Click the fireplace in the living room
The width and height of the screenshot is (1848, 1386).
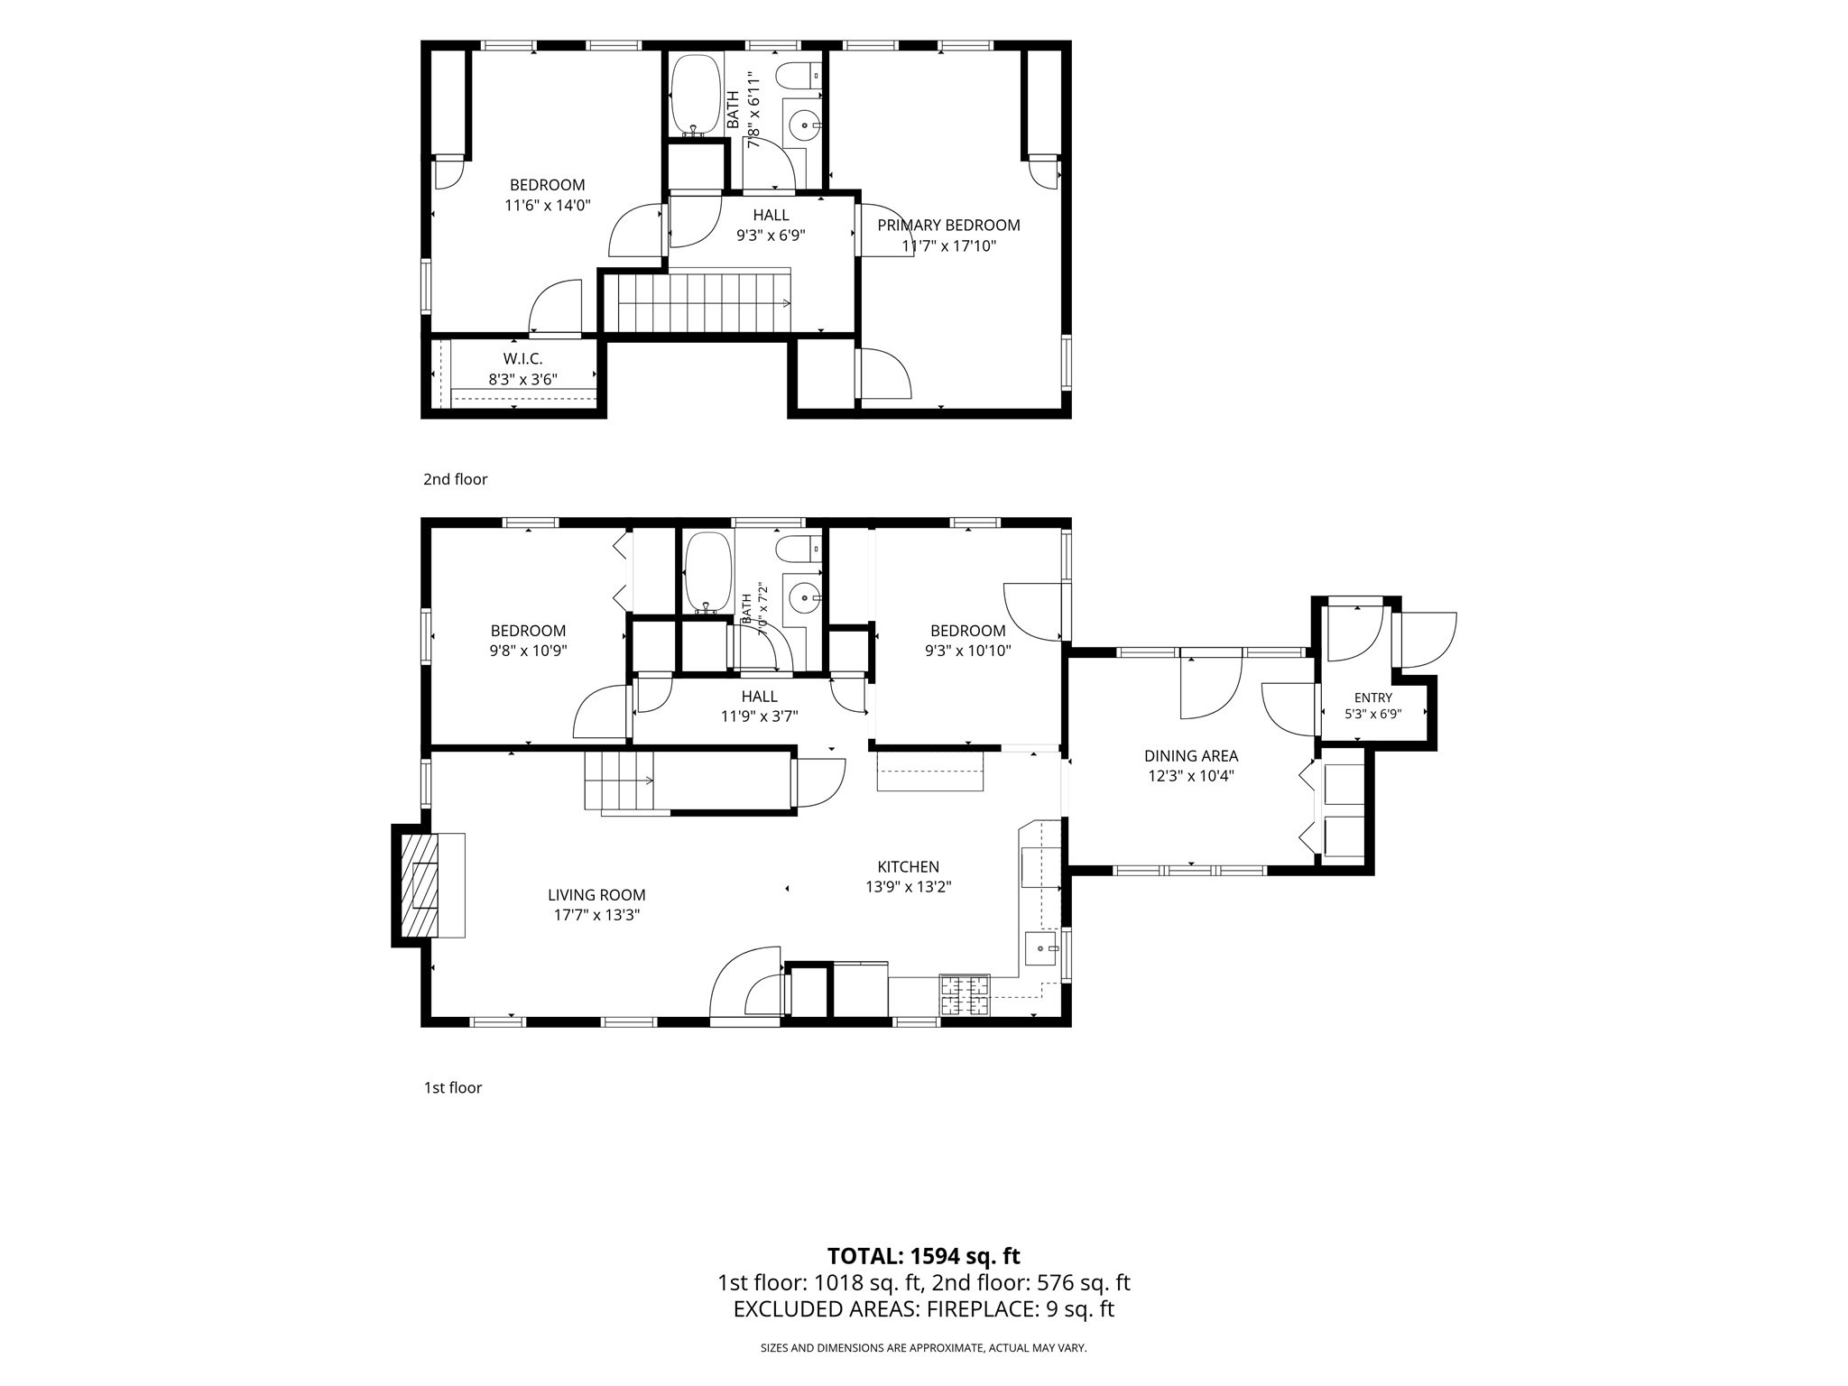pyautogui.click(x=420, y=885)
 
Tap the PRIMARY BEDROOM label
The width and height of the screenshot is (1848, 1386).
pyautogui.click(x=948, y=226)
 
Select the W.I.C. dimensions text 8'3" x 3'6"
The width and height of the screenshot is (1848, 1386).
pyautogui.click(x=523, y=380)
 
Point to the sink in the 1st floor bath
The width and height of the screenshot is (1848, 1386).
pyautogui.click(x=802, y=597)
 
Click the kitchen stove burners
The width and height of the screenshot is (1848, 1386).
pyautogui.click(x=965, y=995)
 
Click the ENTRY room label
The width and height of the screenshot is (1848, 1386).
pyautogui.click(x=1373, y=698)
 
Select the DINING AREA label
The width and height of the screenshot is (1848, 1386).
pyautogui.click(x=1191, y=756)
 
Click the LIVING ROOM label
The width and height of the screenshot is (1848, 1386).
pyautogui.click(x=596, y=895)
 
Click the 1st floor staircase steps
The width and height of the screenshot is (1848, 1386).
pyautogui.click(x=619, y=781)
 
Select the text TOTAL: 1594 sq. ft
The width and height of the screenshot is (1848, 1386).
pyautogui.click(x=923, y=1255)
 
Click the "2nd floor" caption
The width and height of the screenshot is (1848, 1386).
pyautogui.click(x=456, y=479)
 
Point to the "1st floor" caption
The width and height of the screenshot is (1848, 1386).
pyautogui.click(x=453, y=1087)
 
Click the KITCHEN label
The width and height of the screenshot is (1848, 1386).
pyautogui.click(x=909, y=867)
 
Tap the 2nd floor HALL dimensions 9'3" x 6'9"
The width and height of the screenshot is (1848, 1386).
pyautogui.click(x=771, y=236)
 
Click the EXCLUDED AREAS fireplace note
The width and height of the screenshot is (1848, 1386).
pyautogui.click(x=924, y=1309)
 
